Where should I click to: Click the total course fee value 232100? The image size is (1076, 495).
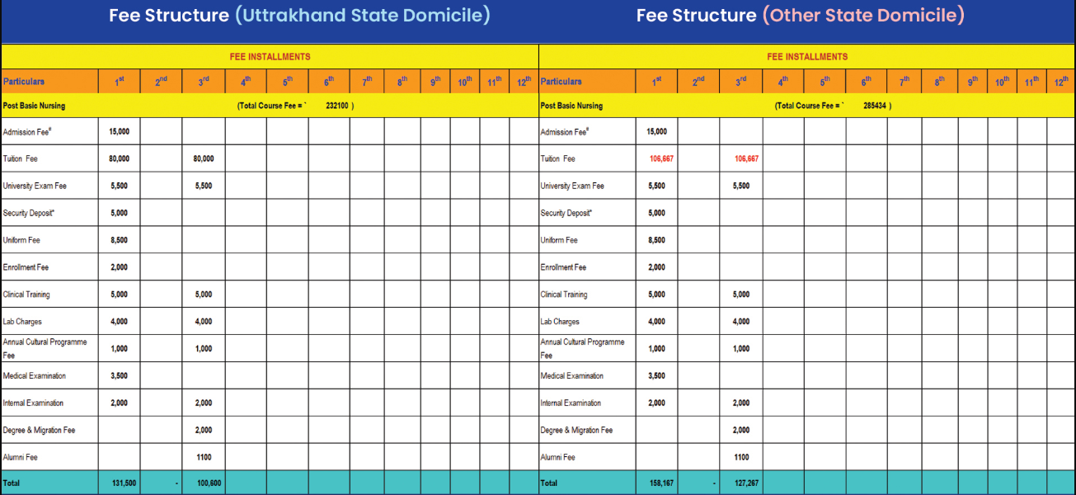336,106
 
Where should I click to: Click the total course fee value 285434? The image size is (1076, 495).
874,106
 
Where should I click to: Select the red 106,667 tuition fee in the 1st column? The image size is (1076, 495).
661,158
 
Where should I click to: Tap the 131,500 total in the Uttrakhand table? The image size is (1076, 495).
123,483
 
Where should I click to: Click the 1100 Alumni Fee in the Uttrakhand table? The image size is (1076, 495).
204,457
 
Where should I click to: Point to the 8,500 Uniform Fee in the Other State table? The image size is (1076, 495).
656,240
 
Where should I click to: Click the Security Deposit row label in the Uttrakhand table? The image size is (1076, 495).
30,213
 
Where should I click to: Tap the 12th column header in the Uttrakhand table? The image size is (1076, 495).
524,81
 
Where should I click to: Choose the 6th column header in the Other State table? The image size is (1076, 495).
867,81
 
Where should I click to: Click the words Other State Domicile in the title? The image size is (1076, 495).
863,16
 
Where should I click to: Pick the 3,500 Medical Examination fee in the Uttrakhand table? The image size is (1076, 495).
119,375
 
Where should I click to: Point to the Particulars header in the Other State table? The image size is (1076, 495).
561,81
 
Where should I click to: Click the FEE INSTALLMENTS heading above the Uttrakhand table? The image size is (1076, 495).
270,57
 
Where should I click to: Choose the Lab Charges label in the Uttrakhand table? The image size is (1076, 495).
22,322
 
